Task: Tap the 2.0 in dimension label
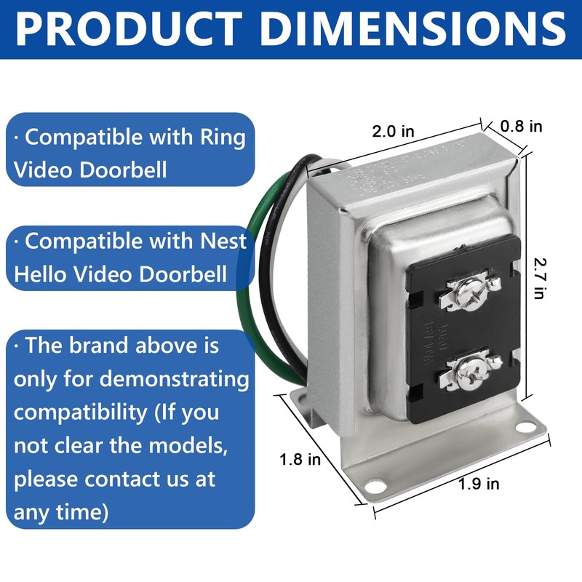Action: (x=393, y=132)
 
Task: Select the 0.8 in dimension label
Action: (x=521, y=126)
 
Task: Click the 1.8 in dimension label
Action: (x=300, y=460)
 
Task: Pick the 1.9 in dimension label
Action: (x=479, y=483)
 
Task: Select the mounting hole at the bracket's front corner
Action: (x=374, y=483)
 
